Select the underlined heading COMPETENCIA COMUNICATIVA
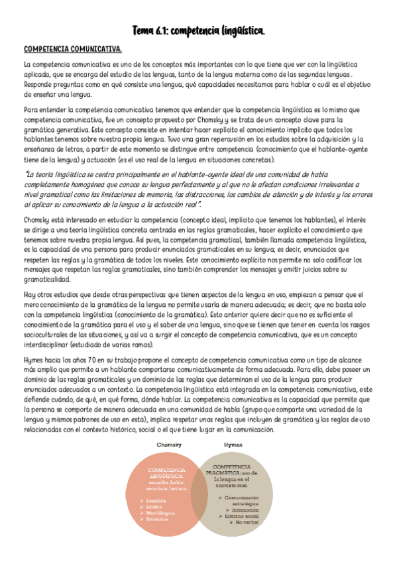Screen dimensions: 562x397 (72, 50)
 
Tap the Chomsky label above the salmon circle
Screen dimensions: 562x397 (169, 444)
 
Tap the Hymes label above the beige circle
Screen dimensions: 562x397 (234, 444)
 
